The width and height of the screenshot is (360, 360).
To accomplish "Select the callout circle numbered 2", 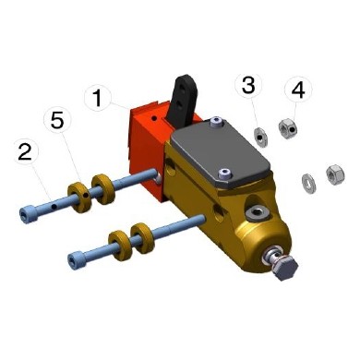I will (24, 152).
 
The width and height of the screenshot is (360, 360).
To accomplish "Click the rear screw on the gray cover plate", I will (216, 122).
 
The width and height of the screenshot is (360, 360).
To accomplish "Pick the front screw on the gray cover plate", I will (223, 172).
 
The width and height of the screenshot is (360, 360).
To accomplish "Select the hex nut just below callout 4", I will (289, 128).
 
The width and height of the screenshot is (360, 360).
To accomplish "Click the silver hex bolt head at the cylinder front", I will (283, 270).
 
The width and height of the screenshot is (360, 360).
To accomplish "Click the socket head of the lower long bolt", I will (74, 256).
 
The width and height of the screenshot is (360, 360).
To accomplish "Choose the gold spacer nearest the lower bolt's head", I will (118, 245).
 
